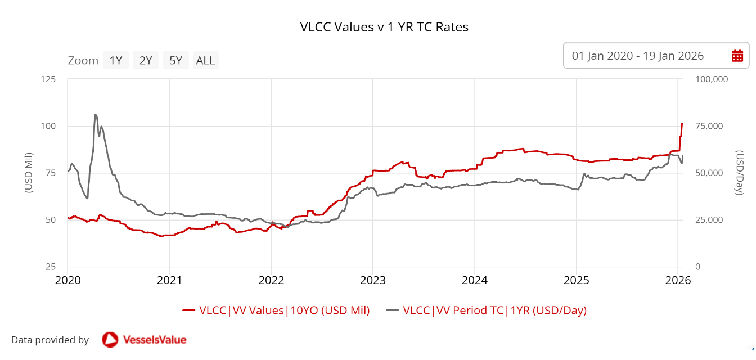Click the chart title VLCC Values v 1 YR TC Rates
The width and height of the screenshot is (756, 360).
click(384, 27)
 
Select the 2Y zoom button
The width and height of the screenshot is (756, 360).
click(146, 60)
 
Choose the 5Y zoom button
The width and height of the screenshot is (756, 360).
click(176, 60)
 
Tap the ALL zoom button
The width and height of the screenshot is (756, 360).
click(205, 60)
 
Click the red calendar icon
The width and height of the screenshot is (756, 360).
click(737, 56)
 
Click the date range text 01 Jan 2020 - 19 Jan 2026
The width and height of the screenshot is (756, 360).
click(638, 56)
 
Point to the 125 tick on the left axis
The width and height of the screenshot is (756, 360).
click(48, 79)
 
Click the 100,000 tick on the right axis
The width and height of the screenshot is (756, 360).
click(712, 79)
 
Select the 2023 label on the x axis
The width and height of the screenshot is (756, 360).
click(372, 280)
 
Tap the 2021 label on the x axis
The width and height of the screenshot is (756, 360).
click(169, 280)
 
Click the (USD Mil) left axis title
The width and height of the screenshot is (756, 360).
click(29, 173)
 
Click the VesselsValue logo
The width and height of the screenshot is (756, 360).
click(144, 340)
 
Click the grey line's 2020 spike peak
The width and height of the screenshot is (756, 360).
click(95, 114)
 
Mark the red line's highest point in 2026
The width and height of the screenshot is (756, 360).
click(682, 123)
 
